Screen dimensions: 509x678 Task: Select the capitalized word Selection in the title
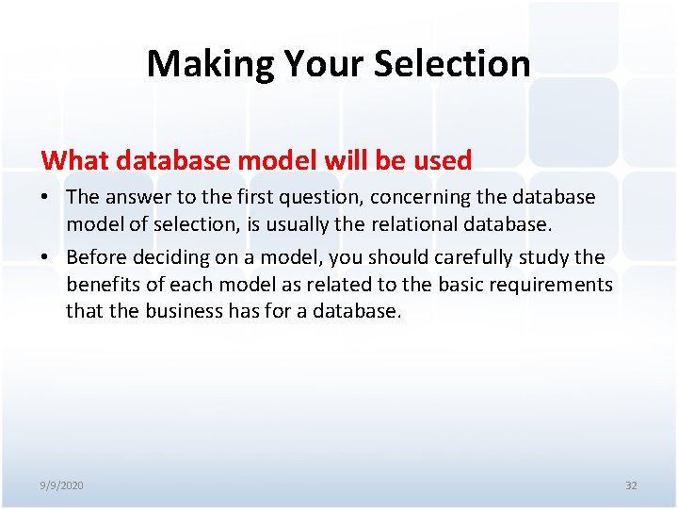point(452,64)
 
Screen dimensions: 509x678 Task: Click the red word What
point(75,160)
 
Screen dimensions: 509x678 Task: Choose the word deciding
point(168,257)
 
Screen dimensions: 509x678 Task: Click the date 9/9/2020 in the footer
point(61,485)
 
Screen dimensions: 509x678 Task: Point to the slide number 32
point(631,485)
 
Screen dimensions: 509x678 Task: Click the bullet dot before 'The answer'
point(46,197)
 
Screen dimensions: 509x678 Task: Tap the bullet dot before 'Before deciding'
point(46,257)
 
